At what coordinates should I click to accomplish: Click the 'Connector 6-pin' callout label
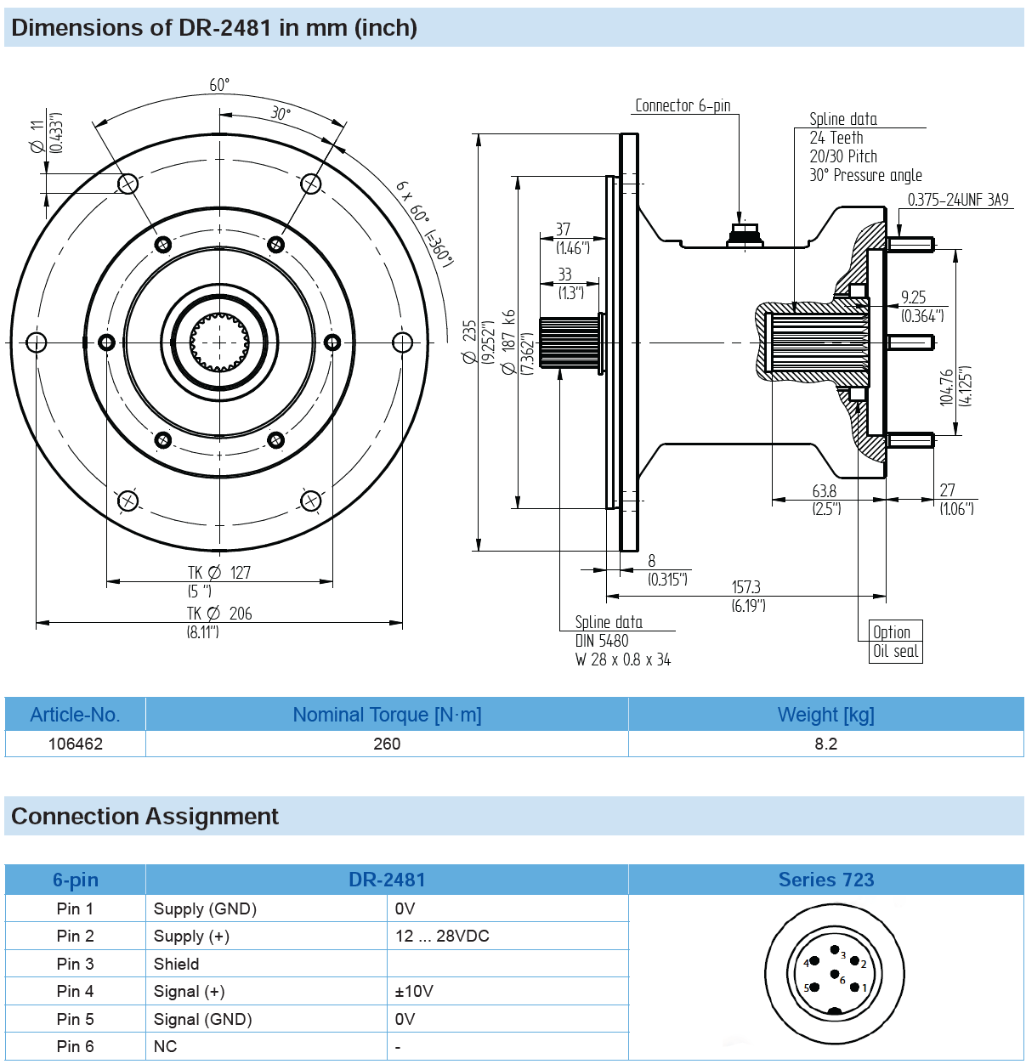[x=683, y=105]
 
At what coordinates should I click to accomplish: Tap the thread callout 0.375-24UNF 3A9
[x=957, y=200]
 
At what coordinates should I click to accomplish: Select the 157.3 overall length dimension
[x=745, y=587]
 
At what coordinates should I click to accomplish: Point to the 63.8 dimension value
[x=824, y=491]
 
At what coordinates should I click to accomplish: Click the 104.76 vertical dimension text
[x=947, y=387]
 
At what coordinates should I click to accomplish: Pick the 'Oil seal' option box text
[x=895, y=651]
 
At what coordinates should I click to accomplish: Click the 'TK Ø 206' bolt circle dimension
[x=219, y=614]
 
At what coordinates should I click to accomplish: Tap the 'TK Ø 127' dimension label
[x=219, y=573]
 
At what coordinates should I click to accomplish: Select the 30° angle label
[x=281, y=114]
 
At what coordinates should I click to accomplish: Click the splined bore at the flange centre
[x=219, y=342]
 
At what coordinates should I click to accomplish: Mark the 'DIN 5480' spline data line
[x=602, y=641]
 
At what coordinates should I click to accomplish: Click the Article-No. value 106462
[x=76, y=744]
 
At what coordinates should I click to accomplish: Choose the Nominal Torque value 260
[x=387, y=744]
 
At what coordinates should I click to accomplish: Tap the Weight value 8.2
[x=825, y=744]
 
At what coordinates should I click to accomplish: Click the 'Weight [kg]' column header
[x=825, y=715]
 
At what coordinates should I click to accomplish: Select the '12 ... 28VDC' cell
[x=442, y=936]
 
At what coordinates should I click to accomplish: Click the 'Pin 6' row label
[x=76, y=1046]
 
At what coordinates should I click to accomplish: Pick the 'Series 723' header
[x=825, y=880]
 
